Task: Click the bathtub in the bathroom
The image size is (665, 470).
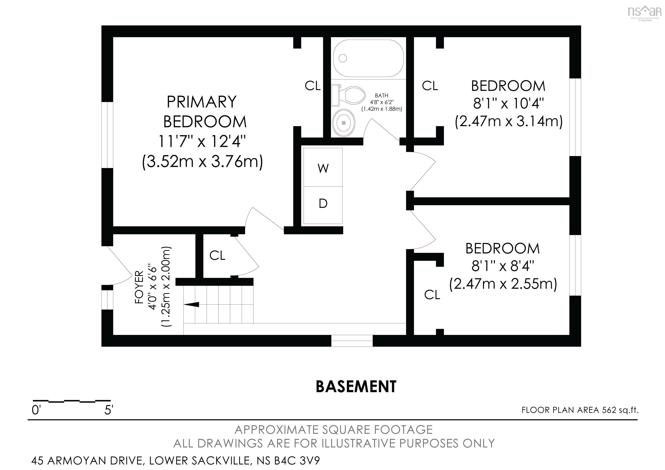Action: pos(368,58)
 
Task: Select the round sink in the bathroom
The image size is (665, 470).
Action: pos(344,123)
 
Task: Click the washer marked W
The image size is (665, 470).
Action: pos(323,168)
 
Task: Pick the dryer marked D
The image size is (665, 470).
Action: pos(323,205)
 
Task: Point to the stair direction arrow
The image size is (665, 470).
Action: pos(191,304)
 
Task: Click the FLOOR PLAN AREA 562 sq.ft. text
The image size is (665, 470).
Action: pos(580,410)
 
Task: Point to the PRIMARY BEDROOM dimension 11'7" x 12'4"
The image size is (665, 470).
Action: pos(202,141)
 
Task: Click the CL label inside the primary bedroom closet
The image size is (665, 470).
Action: pos(313,86)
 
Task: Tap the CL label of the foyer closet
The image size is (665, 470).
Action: pos(217,255)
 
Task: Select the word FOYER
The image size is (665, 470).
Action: pos(139,287)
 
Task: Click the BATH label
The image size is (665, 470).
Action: pos(381,95)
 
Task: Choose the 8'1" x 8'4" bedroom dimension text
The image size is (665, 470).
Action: pos(503,266)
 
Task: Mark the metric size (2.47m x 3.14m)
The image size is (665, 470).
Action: pos(508,121)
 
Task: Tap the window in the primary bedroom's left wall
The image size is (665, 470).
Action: pos(107,135)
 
